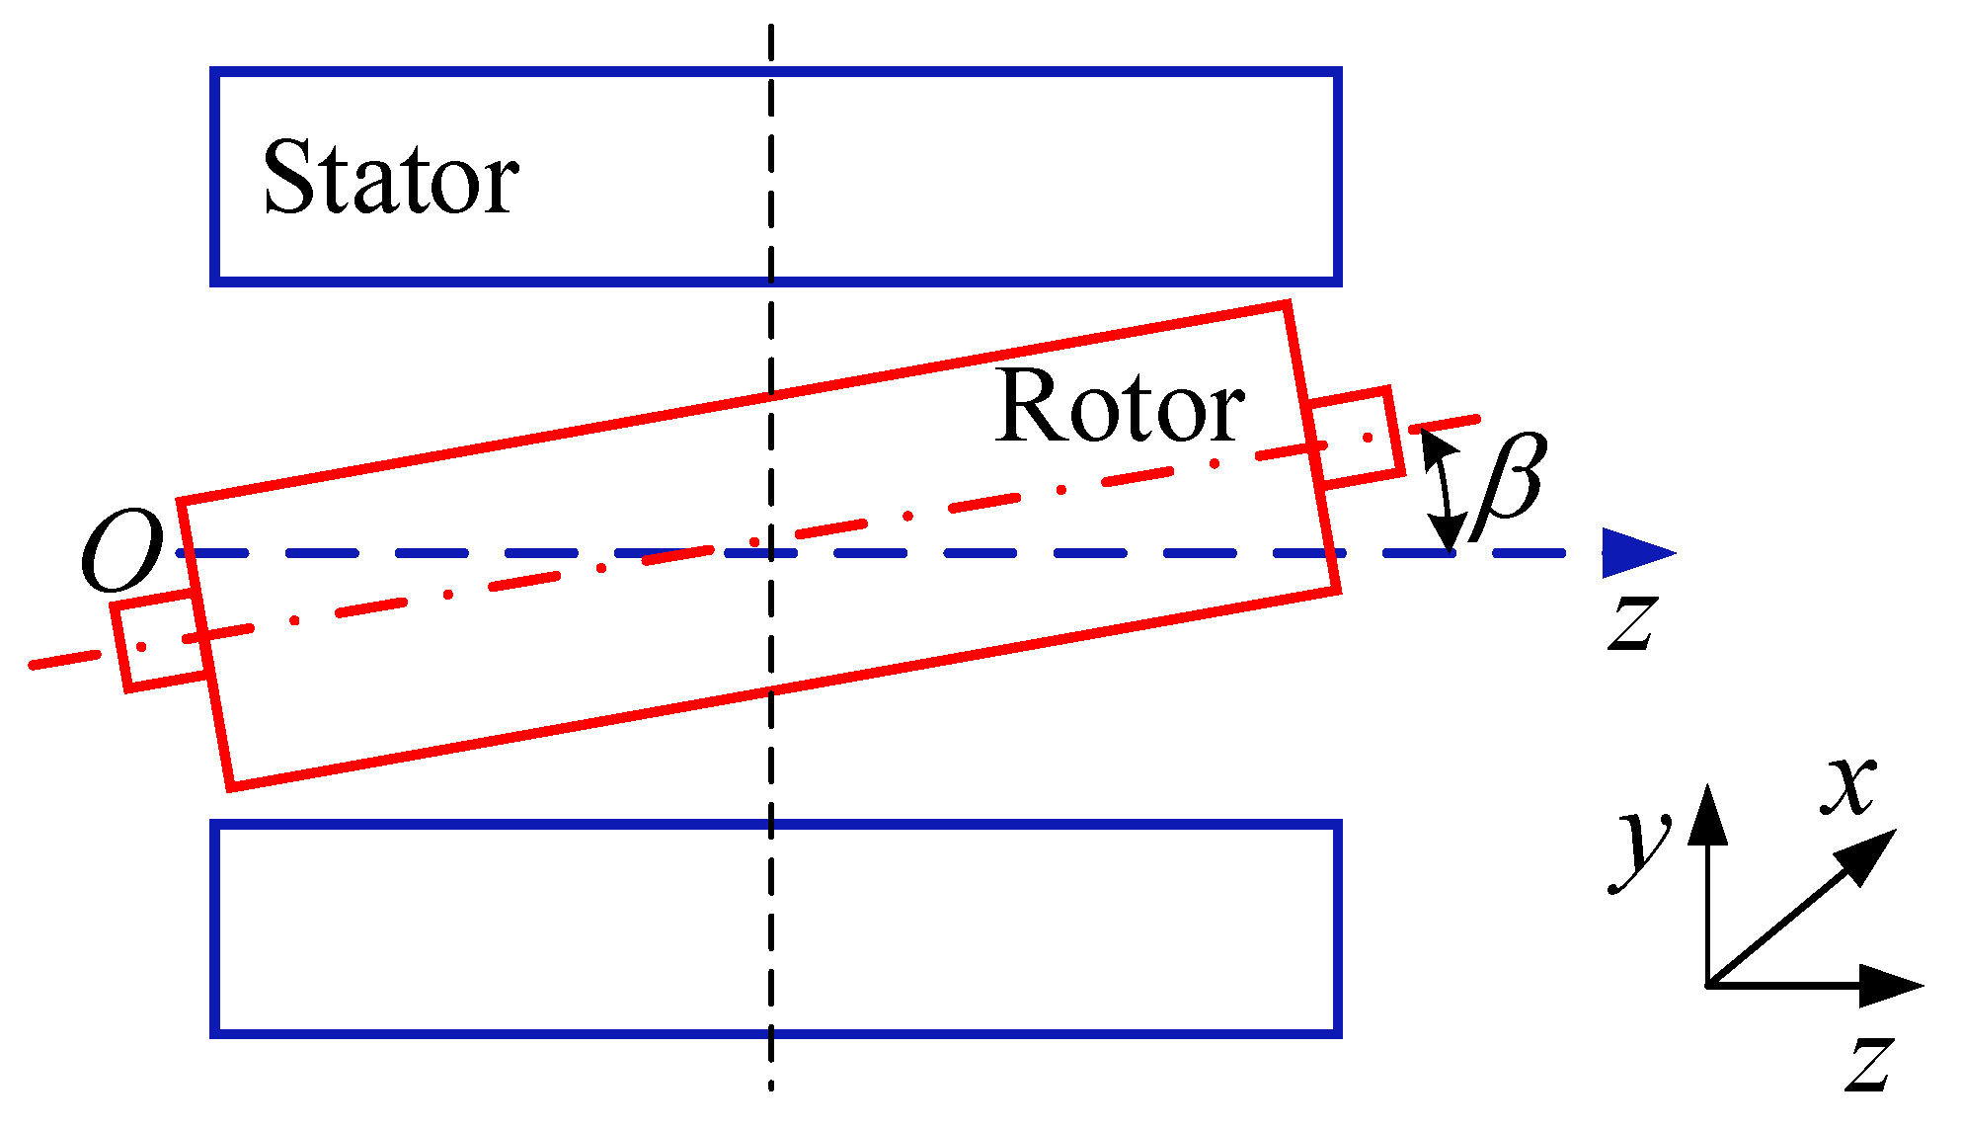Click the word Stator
390,178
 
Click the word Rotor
1120,407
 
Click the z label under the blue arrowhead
1632,622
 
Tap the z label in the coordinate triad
1869,1064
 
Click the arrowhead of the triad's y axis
1707,815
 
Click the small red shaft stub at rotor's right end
1356,438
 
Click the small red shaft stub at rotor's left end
158,642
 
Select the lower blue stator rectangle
775,928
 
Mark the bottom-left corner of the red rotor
231,787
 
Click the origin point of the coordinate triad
1708,985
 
